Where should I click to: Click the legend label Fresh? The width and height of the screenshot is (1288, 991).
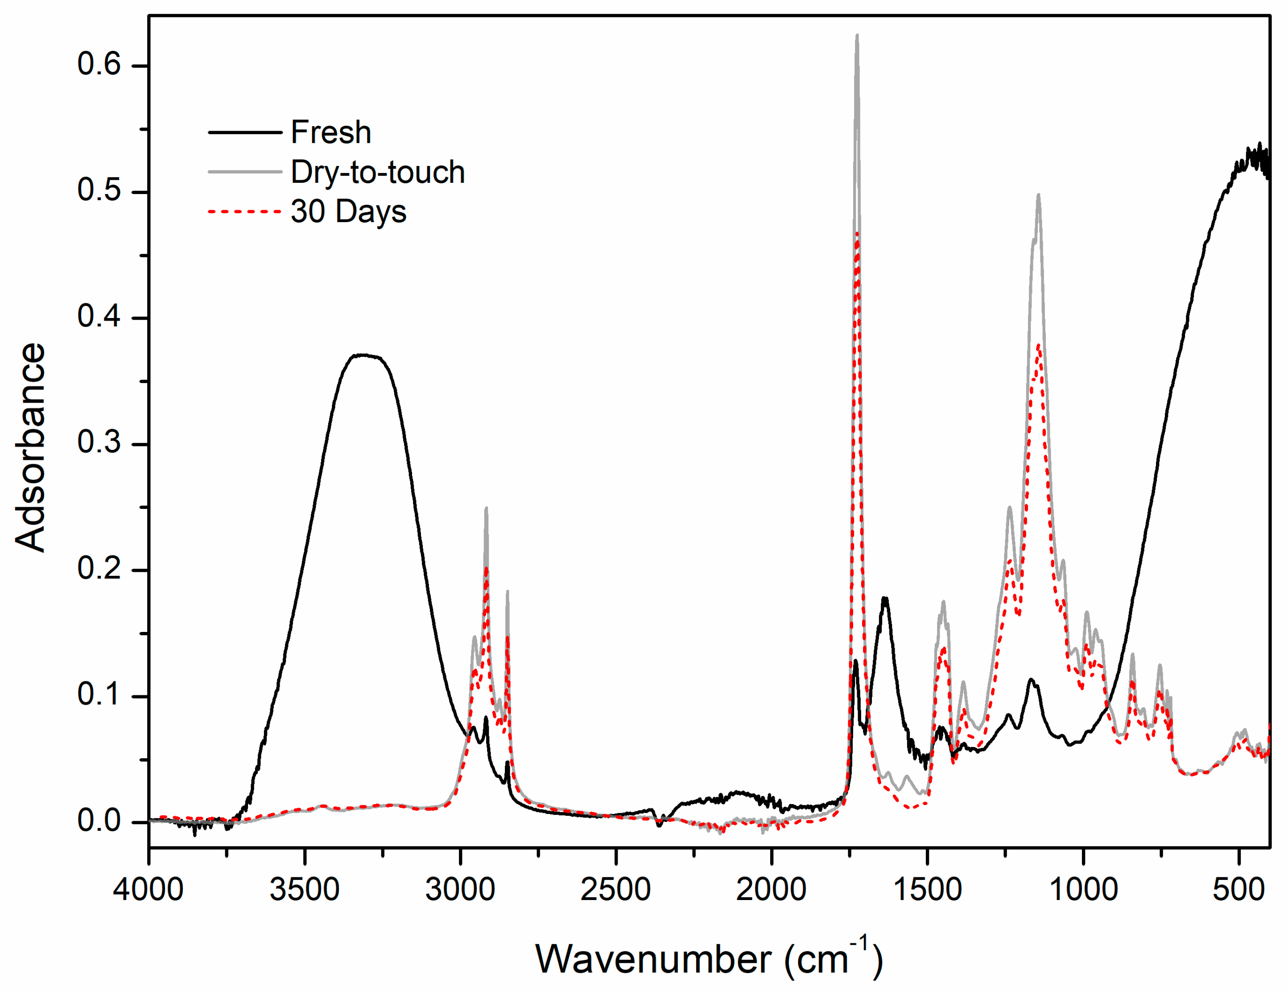(x=331, y=132)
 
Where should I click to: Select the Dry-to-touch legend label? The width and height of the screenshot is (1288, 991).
(x=377, y=172)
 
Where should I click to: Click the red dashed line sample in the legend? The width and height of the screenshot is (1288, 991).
(x=245, y=211)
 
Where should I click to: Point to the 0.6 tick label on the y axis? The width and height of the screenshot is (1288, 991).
(x=99, y=64)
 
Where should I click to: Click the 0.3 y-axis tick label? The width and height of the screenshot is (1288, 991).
(x=99, y=442)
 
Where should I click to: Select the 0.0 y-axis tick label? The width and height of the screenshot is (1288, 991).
(x=99, y=821)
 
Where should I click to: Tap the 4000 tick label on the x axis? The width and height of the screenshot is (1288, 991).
(x=149, y=889)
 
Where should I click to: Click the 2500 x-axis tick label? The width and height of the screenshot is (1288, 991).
(x=616, y=889)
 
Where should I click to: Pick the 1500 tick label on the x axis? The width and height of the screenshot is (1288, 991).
(x=927, y=889)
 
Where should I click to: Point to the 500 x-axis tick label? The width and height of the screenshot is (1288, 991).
(x=1238, y=889)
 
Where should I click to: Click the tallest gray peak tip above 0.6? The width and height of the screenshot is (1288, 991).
(x=857, y=35)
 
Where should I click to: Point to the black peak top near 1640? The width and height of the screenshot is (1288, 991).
(x=885, y=599)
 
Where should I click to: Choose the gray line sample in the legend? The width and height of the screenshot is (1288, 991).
(x=245, y=172)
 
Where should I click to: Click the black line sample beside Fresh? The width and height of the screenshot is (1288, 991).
(x=245, y=132)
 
